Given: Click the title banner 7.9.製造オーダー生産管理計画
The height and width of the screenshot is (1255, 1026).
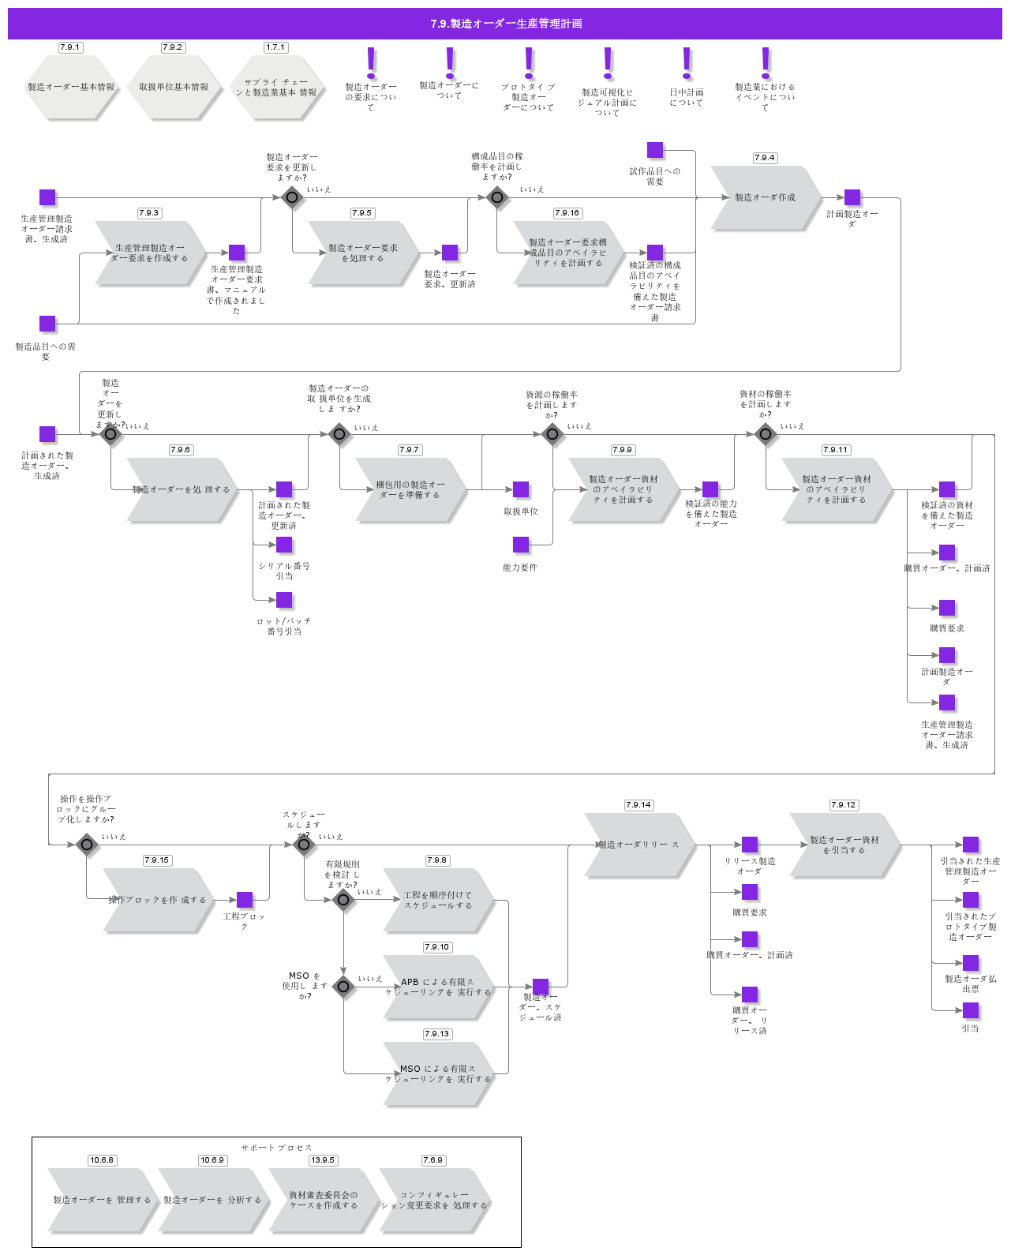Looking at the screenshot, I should [x=505, y=24].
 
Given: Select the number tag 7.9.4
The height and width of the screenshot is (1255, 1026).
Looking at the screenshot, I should [x=765, y=158].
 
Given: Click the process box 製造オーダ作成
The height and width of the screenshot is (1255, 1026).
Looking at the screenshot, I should [x=765, y=197].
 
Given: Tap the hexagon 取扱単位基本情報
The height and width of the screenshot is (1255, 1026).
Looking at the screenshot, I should [x=174, y=88].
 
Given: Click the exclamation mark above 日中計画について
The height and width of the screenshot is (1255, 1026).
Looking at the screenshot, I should [x=687, y=63].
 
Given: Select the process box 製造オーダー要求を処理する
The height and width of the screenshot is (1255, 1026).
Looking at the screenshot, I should [x=363, y=253].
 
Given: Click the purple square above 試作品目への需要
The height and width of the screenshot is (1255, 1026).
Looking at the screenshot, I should [x=655, y=150].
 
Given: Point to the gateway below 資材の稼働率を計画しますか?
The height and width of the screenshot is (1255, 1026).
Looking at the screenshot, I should [x=765, y=434].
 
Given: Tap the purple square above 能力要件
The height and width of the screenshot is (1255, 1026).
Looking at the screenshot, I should [x=521, y=545].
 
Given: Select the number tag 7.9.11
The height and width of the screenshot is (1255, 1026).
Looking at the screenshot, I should [x=836, y=450].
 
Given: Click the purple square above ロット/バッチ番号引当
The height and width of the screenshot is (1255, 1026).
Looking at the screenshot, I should [x=284, y=600].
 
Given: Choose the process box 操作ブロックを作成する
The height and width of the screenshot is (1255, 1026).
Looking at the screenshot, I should [x=158, y=900].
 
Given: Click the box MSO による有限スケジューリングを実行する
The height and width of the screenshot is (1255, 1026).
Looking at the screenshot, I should [x=438, y=1073].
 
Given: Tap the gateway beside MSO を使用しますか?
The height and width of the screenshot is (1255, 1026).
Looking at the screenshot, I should [x=343, y=987].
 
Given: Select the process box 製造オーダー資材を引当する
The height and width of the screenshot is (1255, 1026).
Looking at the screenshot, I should [x=844, y=845].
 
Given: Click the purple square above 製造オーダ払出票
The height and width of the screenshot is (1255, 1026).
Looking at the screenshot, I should [x=971, y=963].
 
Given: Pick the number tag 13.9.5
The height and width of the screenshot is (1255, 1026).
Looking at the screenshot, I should [x=323, y=1160].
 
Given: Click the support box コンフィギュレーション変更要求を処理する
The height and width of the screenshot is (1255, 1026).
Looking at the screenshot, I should [x=434, y=1201].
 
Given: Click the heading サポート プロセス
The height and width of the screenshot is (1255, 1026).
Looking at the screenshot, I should [x=276, y=1148].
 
